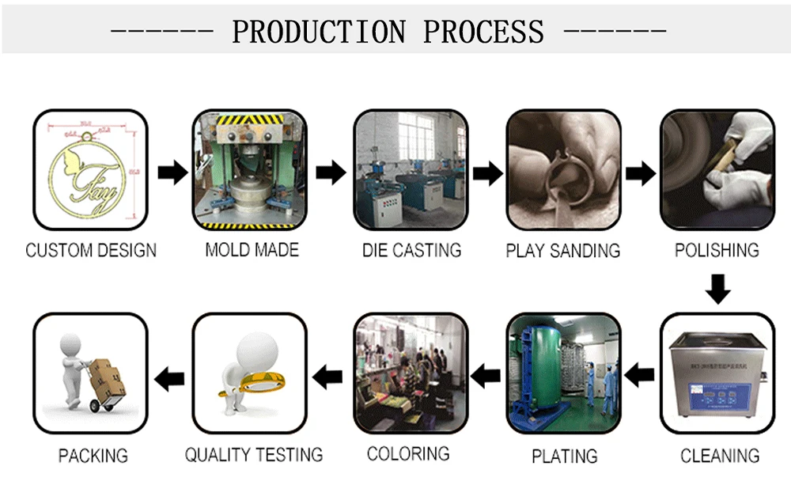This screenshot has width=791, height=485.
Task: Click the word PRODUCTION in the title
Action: (319, 32)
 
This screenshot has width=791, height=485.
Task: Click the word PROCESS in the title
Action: (484, 32)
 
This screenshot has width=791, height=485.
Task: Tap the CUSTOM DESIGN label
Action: (91, 251)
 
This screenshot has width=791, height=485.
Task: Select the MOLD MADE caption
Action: (252, 250)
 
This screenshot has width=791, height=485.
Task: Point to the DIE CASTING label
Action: (411, 251)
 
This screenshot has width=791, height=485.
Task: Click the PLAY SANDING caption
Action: (563, 251)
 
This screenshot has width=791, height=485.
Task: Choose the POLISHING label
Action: (717, 250)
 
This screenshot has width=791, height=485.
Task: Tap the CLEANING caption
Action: (720, 456)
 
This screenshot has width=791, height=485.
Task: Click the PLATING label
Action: (564, 457)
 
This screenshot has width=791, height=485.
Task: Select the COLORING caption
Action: (408, 454)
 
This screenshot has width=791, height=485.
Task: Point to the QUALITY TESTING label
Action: (254, 455)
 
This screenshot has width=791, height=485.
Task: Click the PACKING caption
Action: (93, 456)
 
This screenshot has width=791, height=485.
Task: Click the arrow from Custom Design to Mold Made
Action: (172, 172)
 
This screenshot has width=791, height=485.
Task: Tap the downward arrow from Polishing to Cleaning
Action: (717, 289)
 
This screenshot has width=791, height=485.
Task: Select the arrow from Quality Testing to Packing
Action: (169, 378)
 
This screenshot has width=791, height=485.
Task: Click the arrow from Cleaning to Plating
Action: (640, 373)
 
